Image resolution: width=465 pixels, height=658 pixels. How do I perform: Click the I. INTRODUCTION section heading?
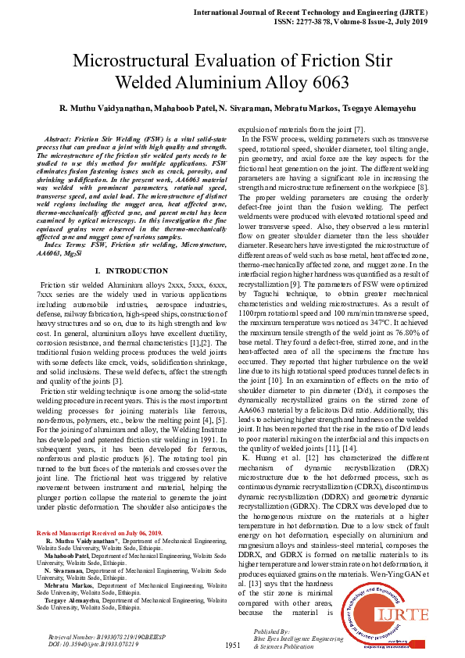[126, 249]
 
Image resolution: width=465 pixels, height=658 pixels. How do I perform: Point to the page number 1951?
[232, 645]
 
